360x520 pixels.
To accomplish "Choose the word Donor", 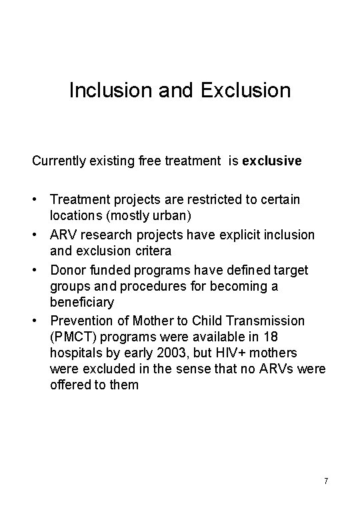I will pos(67,269).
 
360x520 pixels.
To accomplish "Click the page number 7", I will pos(325,481).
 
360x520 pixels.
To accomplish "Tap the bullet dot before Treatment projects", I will pos(36,200).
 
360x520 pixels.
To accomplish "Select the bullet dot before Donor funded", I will pos(36,269).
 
